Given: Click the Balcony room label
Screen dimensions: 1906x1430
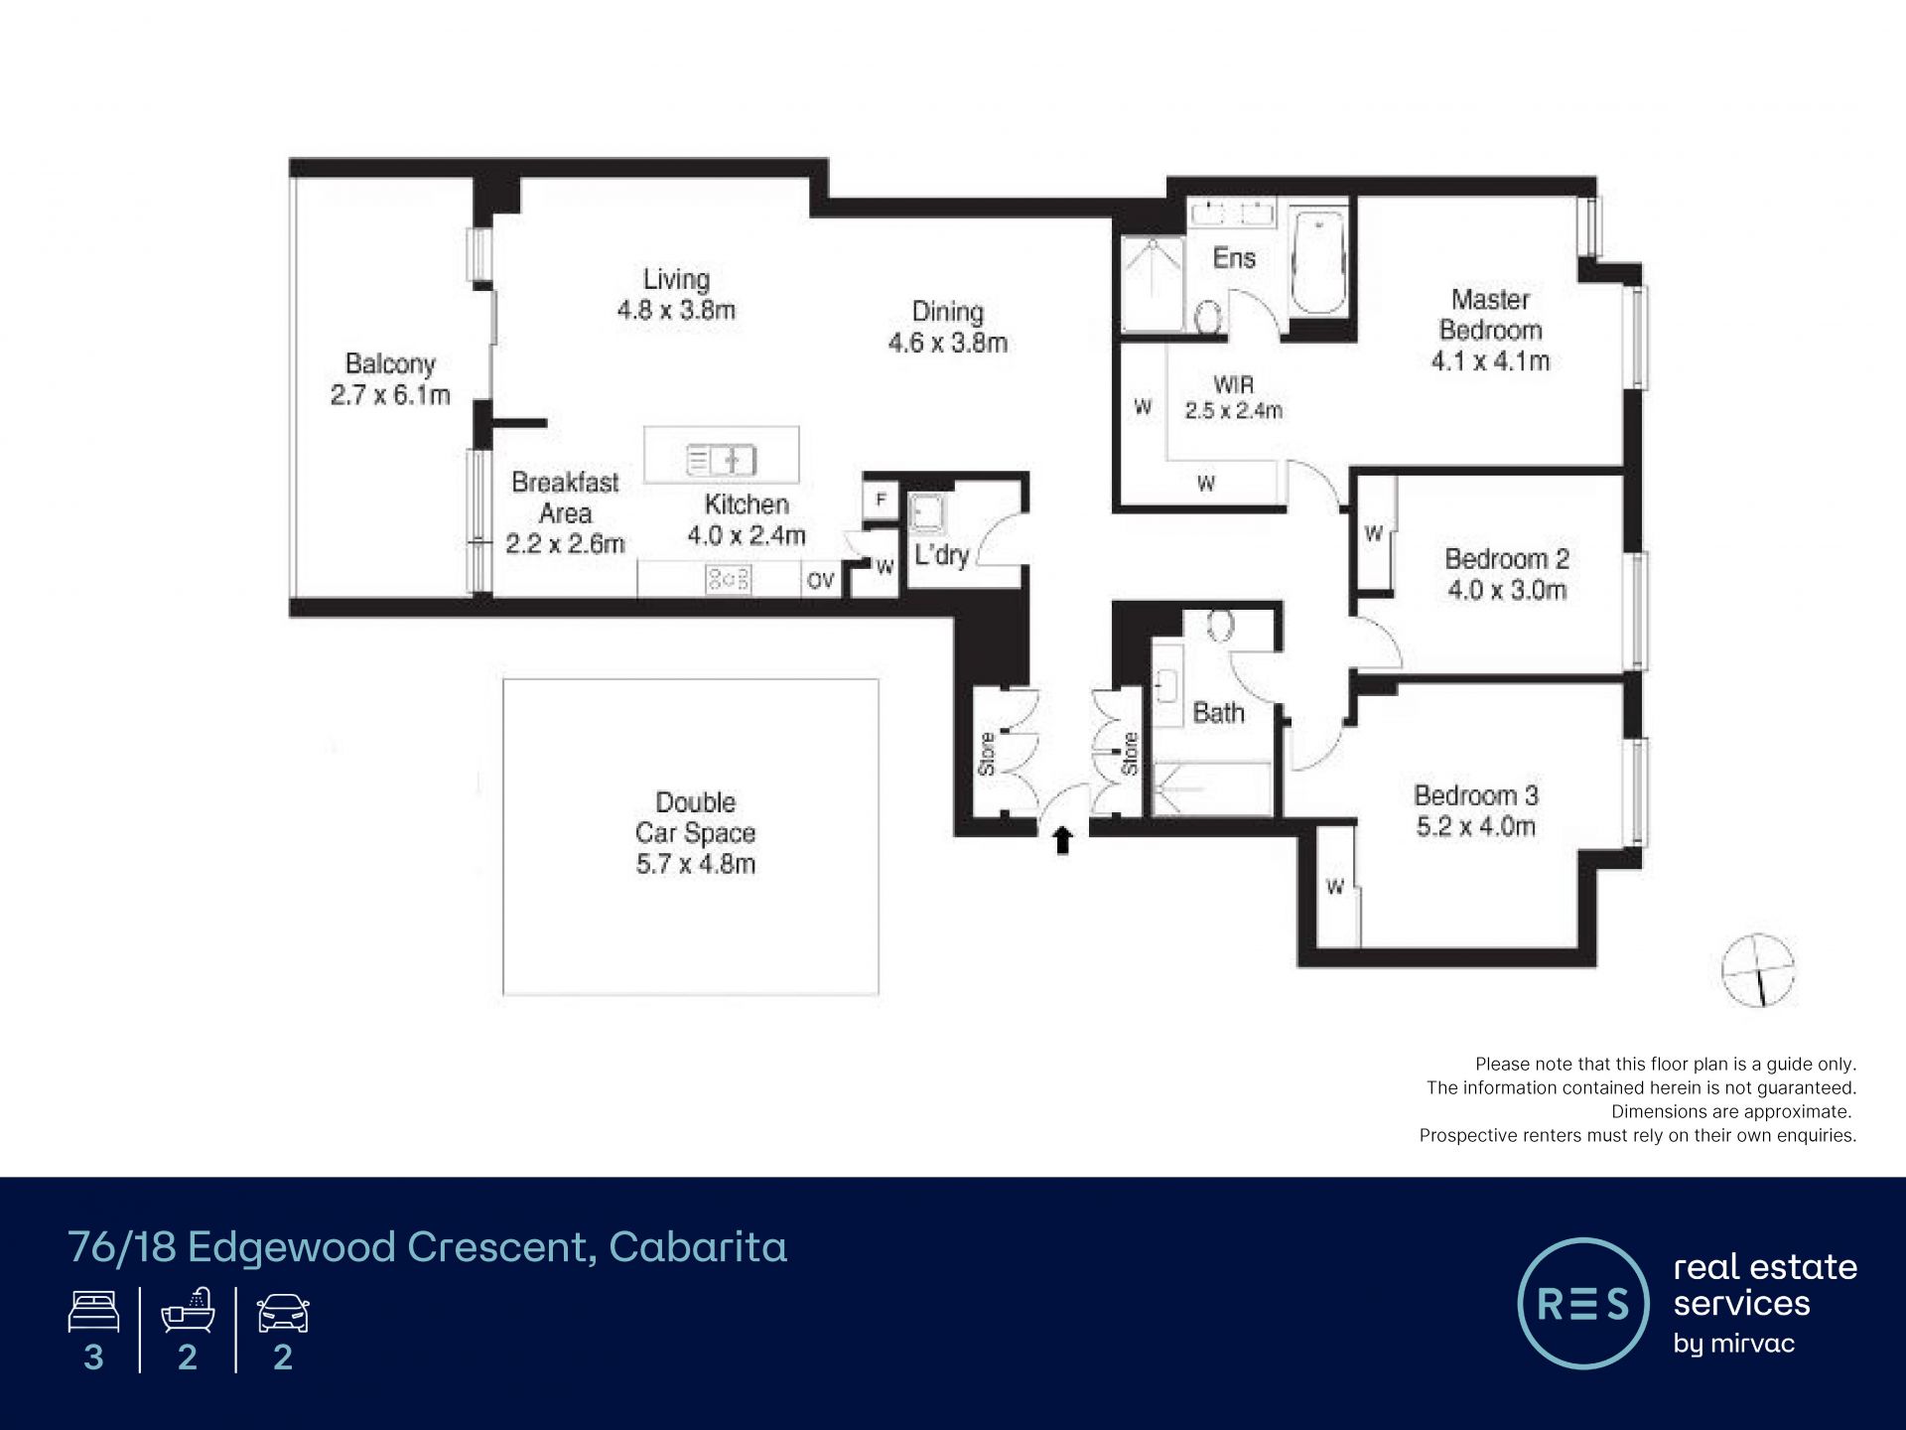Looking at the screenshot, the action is tap(390, 364).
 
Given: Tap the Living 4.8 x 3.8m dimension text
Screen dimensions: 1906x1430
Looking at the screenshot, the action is tap(676, 311).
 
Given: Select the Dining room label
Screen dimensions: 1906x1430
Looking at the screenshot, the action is tap(948, 312).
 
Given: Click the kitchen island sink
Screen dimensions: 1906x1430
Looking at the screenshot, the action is tap(722, 461).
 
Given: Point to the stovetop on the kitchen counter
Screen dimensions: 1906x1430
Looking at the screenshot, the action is tap(728, 580).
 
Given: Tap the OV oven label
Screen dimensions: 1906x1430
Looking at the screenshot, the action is tap(821, 581).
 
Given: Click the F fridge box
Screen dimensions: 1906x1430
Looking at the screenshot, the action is tap(881, 500).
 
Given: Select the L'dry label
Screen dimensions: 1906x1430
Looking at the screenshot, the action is tap(941, 555).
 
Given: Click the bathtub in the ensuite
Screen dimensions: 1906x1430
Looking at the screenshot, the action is tap(1318, 261).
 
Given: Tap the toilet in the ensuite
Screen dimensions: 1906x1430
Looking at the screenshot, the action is tap(1208, 317).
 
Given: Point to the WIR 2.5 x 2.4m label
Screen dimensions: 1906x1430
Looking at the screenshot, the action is tap(1234, 397).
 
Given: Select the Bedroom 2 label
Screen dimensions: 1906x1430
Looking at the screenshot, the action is tap(1507, 559).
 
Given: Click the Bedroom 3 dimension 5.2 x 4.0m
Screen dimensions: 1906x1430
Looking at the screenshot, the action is tap(1476, 826).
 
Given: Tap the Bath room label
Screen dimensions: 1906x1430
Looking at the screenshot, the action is tap(1218, 713).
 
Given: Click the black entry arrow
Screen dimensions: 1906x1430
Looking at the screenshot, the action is tap(1063, 840).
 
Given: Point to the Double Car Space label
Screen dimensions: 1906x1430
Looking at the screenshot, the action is tap(696, 817).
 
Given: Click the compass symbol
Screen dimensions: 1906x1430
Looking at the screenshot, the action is tap(1758, 970).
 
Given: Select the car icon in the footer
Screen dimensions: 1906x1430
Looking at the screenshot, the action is tap(283, 1313).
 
